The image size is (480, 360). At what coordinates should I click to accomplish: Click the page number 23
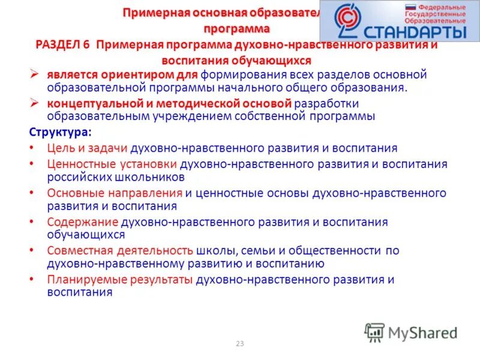pos(240,344)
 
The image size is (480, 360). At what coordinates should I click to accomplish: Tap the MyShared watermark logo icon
pos(374,332)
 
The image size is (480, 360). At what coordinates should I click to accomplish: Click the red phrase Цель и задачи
pos(86,148)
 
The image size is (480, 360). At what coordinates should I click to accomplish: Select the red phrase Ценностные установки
pos(111,164)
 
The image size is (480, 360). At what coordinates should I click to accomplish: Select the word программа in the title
pos(235,28)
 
